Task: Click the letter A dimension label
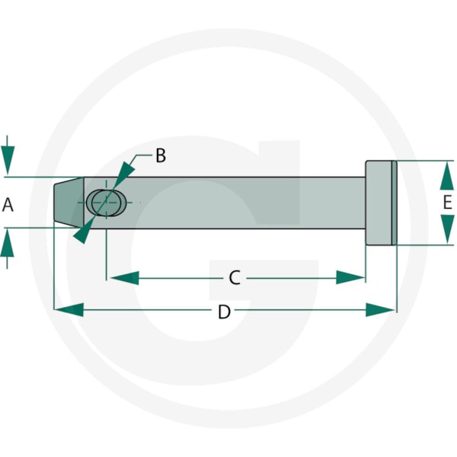(8, 204)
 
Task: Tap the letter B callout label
(161, 155)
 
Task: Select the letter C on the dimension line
(235, 278)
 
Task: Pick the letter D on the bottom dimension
(224, 312)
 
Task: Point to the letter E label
(447, 202)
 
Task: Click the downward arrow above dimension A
(8, 155)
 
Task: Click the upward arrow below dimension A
(7, 248)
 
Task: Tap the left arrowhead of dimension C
(124, 278)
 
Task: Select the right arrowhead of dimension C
(350, 277)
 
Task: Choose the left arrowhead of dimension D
(69, 309)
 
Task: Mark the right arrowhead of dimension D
(380, 309)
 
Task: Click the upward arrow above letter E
(447, 176)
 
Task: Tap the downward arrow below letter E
(447, 229)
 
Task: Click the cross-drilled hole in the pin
(107, 203)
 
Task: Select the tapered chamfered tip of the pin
(69, 203)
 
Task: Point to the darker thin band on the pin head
(394, 203)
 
